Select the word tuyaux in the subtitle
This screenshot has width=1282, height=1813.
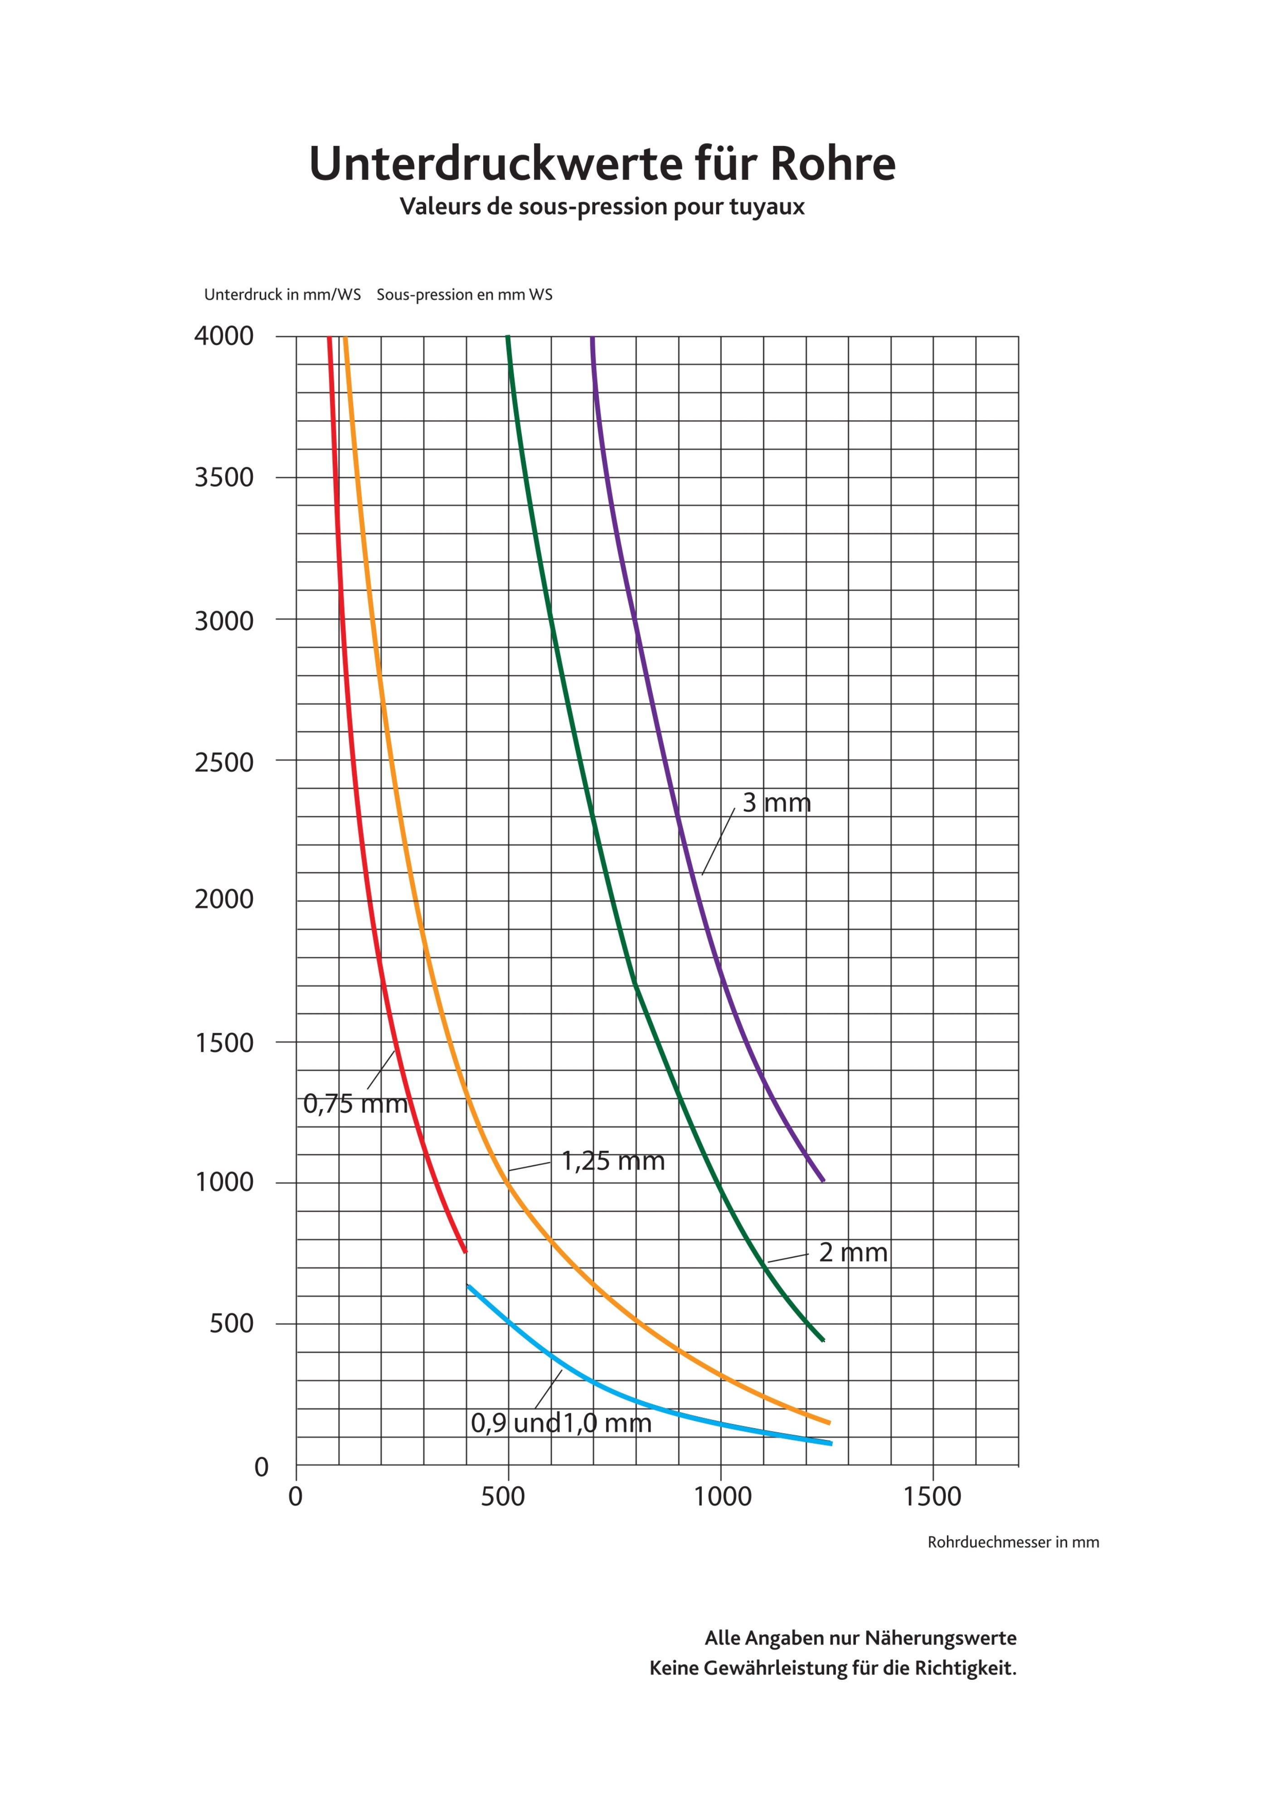click(x=767, y=208)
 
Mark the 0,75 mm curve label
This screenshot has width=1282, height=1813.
click(x=355, y=1104)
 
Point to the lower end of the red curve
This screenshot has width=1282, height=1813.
click(x=465, y=1251)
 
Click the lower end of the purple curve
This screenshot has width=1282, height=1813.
click(x=824, y=1181)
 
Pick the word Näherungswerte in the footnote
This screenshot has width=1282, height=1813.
click(x=940, y=1638)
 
